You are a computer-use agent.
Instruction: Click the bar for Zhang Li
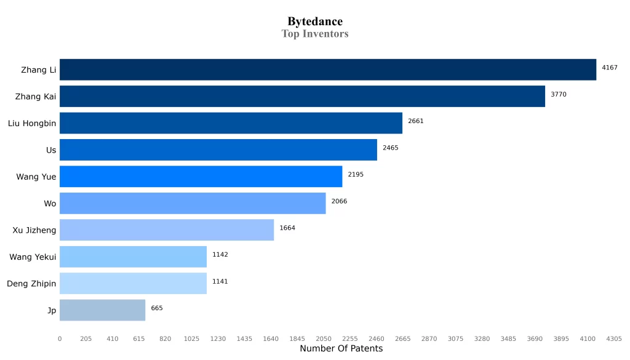328,70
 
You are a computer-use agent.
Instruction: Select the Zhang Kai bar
302,97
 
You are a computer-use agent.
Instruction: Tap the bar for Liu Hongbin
231,123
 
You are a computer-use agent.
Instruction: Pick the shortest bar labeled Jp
103,310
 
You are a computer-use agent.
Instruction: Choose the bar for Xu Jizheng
167,230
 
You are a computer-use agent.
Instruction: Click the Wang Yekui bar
134,257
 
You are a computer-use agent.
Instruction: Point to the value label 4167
610,68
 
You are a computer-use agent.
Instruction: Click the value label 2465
391,148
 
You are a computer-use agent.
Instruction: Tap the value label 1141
220,281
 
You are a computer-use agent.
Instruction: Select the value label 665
157,308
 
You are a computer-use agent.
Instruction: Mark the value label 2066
339,201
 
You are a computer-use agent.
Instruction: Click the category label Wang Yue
36,177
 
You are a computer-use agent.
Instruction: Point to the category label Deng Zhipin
31,284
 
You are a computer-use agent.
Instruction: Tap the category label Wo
50,204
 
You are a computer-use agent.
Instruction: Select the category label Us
51,150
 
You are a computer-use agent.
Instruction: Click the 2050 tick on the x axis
324,338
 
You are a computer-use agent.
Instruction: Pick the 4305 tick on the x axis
614,338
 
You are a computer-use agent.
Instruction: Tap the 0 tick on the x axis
60,338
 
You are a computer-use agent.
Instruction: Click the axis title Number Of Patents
341,348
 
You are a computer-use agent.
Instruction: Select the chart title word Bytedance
315,22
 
